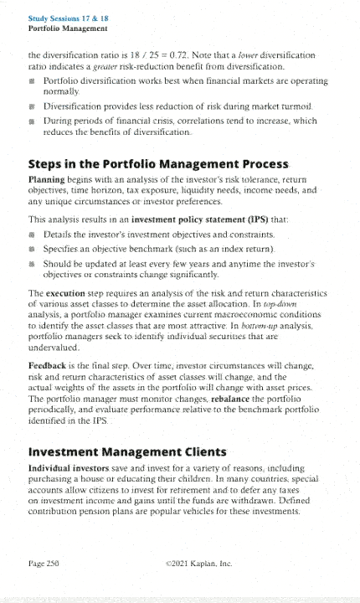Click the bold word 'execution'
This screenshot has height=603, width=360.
73,315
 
